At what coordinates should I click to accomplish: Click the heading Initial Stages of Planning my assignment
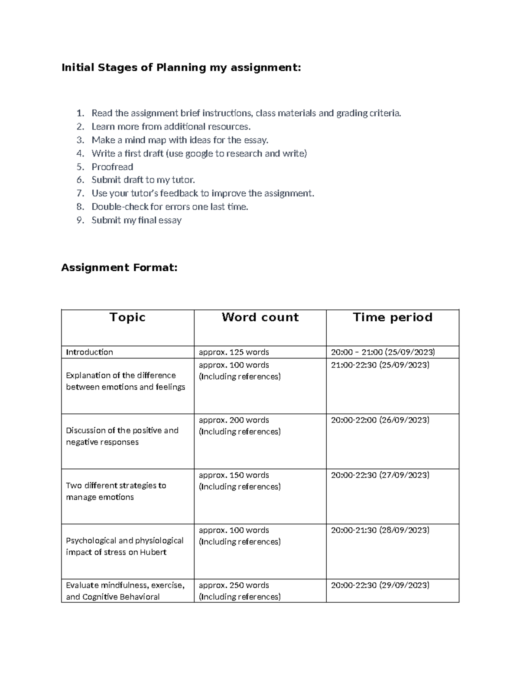[181, 68]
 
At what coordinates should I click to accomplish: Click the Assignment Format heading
[119, 268]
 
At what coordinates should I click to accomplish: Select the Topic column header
[127, 317]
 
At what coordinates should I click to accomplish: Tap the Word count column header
[260, 317]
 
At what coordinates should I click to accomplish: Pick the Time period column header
[393, 317]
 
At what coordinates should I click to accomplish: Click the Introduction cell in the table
[89, 352]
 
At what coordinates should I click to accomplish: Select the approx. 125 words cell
[234, 352]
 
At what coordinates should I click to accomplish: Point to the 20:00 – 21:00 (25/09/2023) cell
[383, 352]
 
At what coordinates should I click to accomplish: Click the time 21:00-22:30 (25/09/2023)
[380, 365]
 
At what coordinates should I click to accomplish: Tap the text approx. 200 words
[234, 420]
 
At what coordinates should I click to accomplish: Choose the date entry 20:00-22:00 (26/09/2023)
[380, 420]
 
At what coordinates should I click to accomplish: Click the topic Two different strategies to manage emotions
[116, 491]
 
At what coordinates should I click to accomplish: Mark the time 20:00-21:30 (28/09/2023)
[380, 530]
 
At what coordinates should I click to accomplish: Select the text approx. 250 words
[234, 585]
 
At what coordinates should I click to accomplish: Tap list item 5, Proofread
[112, 167]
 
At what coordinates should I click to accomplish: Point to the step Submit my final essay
[136, 220]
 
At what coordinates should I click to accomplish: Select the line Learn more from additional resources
[171, 127]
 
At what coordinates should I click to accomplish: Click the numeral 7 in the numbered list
[80, 193]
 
